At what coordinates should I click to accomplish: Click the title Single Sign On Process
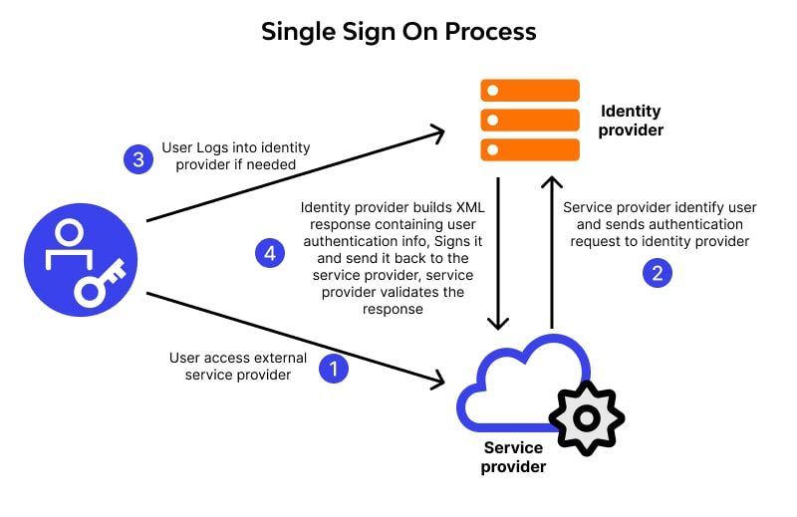tap(398, 31)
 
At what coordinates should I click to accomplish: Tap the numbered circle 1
tap(333, 370)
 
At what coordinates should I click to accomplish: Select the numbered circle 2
tap(656, 273)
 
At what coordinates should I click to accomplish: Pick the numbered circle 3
tap(137, 158)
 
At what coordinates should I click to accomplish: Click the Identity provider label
tap(631, 121)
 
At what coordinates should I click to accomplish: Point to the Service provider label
tap(514, 457)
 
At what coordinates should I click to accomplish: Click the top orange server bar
tap(530, 91)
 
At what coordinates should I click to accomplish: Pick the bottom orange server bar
tap(530, 150)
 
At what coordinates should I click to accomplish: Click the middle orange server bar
tap(530, 121)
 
